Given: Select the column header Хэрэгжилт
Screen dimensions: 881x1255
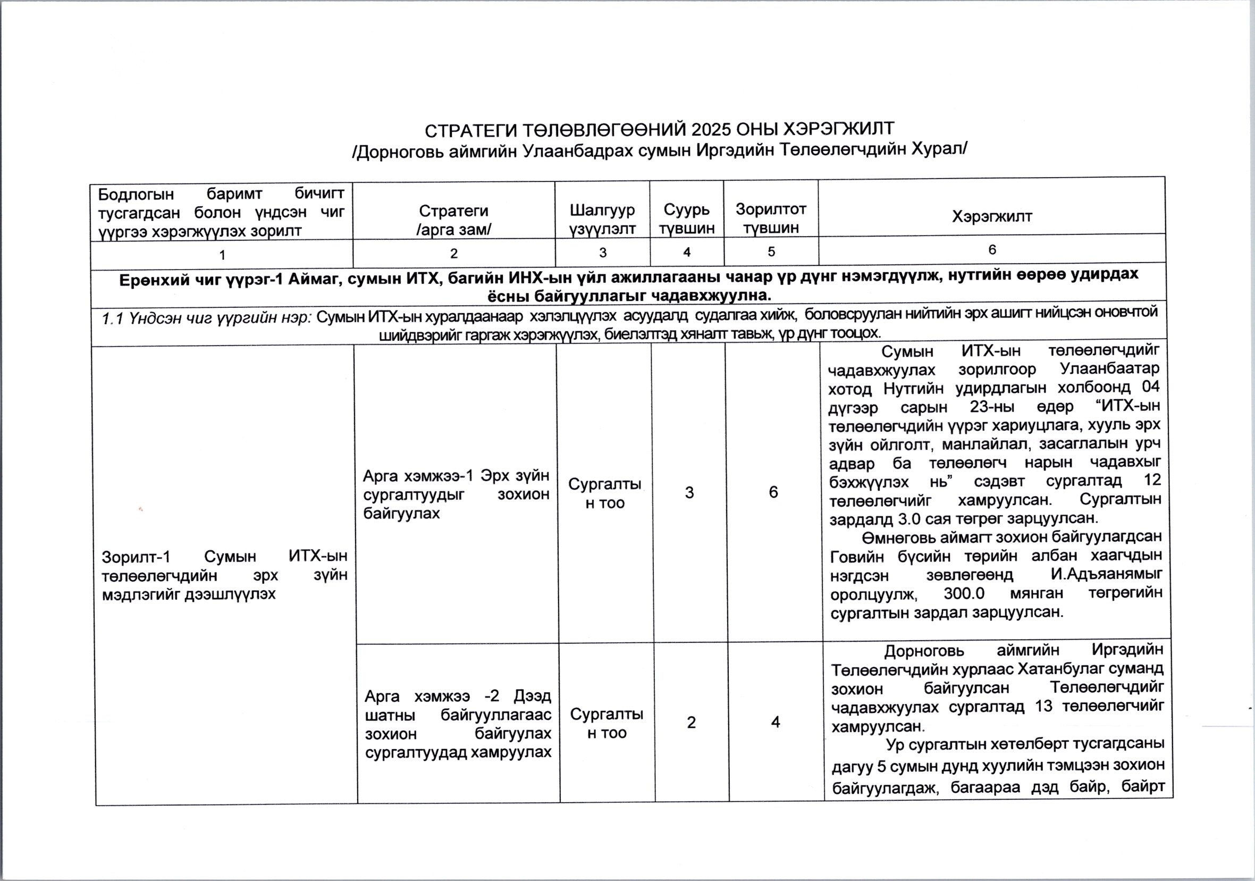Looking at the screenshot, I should pyautogui.click(x=991, y=216).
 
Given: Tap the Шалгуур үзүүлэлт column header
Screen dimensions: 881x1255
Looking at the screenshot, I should pyautogui.click(x=602, y=219).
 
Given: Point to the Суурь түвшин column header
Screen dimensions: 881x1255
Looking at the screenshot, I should pyautogui.click(x=687, y=219).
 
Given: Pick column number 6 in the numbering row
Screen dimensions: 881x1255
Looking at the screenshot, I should pyautogui.click(x=992, y=250).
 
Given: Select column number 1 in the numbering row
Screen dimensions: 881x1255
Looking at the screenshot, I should pyautogui.click(x=222, y=254).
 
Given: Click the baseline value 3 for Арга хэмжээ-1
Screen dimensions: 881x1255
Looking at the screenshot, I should pyautogui.click(x=689, y=493).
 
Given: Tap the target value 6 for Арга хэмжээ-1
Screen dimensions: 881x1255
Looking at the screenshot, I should pyautogui.click(x=773, y=492).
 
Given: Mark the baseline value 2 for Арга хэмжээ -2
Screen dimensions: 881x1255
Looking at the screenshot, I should pyautogui.click(x=692, y=723).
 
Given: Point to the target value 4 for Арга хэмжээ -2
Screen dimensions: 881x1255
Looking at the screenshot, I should pyautogui.click(x=775, y=722).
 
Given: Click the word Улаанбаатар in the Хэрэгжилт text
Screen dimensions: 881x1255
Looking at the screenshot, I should pyautogui.click(x=1109, y=368).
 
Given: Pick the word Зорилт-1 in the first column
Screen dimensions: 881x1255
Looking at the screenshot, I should pyautogui.click(x=136, y=557).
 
